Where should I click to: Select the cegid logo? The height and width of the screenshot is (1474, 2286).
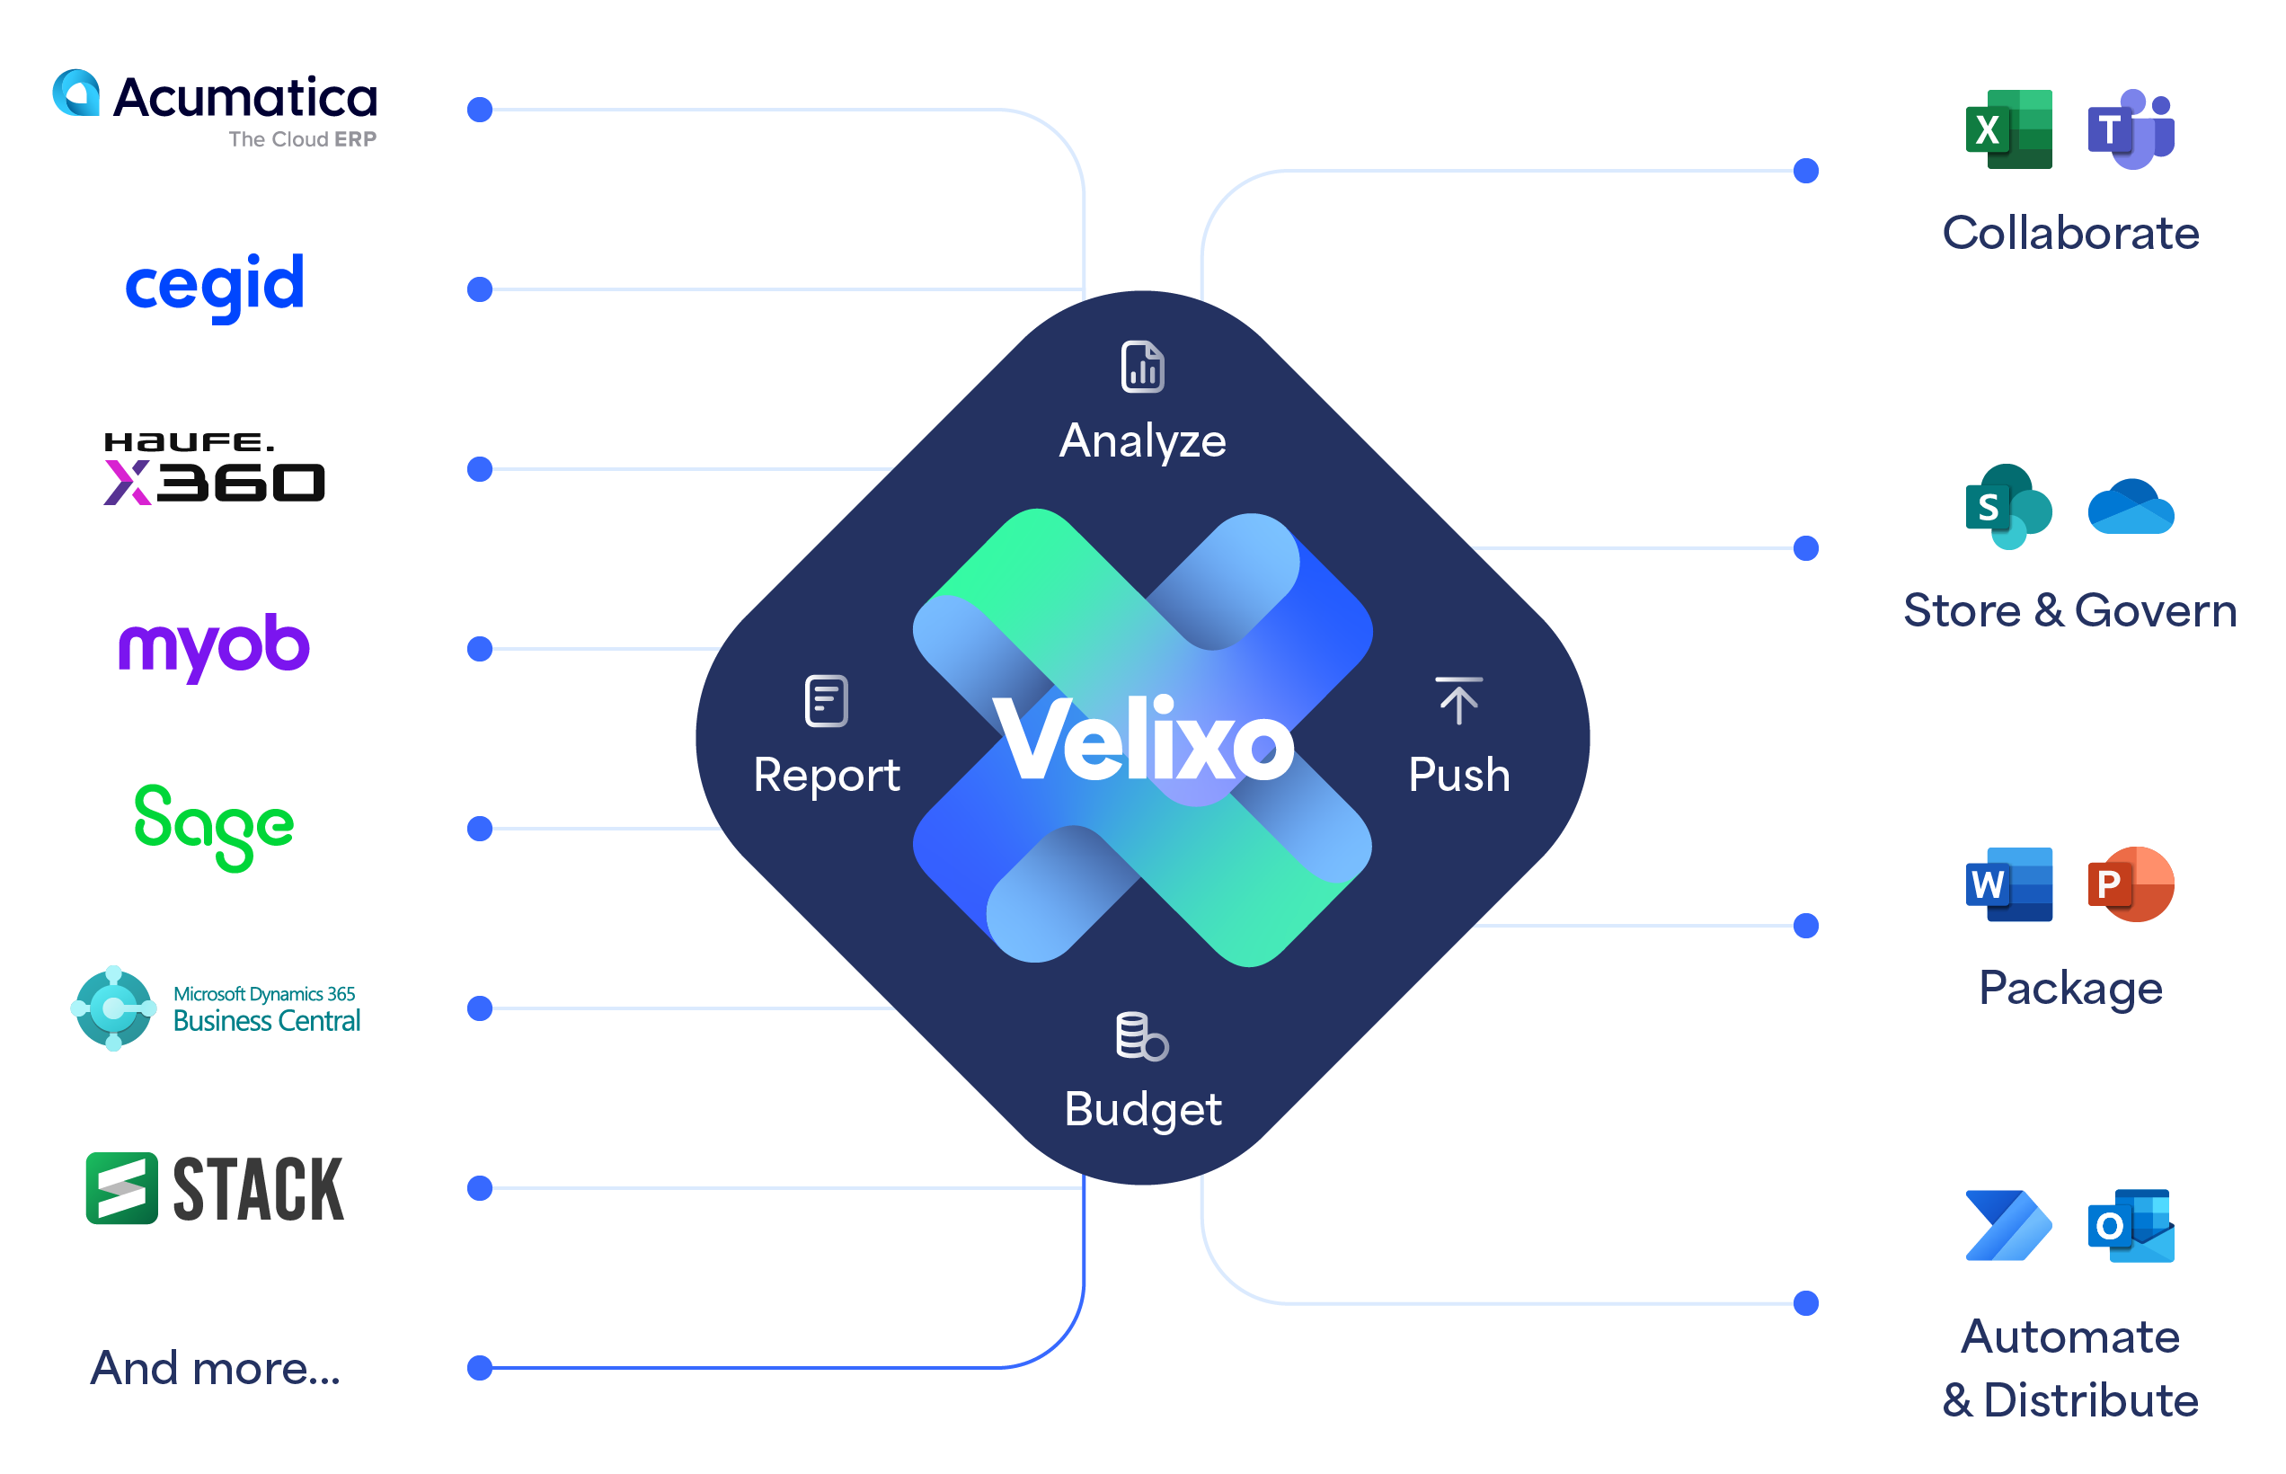(215, 284)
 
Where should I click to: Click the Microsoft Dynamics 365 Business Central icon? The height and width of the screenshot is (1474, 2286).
(113, 1008)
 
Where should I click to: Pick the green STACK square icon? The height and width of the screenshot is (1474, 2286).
(121, 1188)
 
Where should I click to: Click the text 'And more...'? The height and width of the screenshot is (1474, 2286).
(216, 1368)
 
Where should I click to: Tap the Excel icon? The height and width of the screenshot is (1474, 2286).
(2007, 129)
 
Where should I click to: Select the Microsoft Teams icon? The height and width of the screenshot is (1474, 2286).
(2131, 129)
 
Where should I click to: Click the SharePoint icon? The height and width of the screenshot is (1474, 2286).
(2007, 506)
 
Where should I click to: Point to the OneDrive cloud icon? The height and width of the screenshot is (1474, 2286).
(2131, 506)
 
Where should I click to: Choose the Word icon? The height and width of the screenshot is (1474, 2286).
(2007, 884)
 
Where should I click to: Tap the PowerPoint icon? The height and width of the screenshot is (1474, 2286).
(2131, 884)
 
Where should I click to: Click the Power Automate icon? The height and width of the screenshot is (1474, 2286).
(2007, 1226)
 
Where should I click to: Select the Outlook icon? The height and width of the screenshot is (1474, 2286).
(2131, 1226)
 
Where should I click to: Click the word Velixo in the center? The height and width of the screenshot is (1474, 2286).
(1144, 739)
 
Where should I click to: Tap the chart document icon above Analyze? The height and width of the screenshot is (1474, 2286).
(1142, 367)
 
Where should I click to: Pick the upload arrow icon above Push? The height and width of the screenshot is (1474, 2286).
(1458, 701)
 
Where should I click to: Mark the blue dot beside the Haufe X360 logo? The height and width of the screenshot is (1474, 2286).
(480, 469)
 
